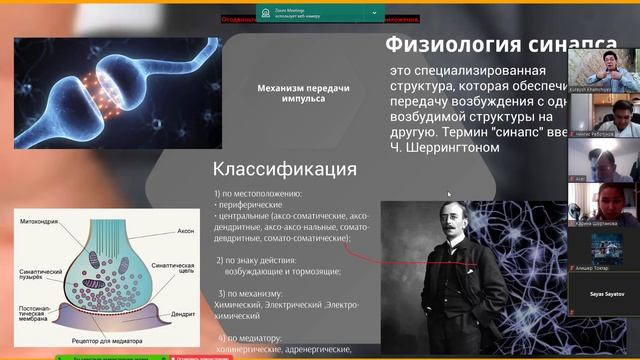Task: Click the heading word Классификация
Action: pyautogui.click(x=285, y=168)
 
